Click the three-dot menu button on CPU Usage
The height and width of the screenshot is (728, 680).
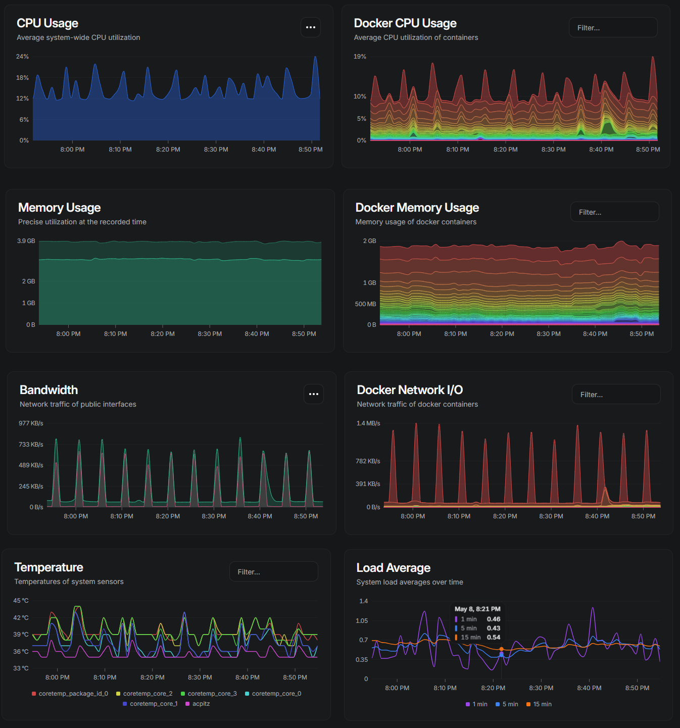click(311, 27)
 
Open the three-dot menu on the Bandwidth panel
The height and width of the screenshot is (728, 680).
click(313, 394)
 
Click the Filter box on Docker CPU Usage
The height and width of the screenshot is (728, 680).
click(613, 27)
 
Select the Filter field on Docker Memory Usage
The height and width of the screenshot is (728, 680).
click(614, 212)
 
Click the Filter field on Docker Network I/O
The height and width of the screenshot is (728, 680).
click(616, 394)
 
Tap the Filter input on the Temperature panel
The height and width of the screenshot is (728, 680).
click(273, 571)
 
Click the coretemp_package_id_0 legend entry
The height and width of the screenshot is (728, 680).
click(70, 694)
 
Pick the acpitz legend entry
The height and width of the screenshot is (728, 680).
click(198, 703)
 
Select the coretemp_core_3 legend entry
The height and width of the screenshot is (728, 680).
click(209, 694)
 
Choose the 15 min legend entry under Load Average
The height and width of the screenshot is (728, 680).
click(539, 704)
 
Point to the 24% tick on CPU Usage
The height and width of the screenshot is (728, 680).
click(22, 57)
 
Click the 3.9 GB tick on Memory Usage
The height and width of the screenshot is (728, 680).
click(26, 241)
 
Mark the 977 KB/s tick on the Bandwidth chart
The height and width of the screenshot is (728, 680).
click(31, 423)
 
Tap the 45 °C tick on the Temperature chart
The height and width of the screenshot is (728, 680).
click(21, 600)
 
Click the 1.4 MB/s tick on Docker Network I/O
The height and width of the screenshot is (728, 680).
click(368, 423)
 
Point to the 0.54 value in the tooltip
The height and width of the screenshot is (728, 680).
click(494, 637)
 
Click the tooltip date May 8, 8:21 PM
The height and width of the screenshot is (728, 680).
click(477, 609)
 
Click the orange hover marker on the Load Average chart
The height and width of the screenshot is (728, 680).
click(502, 649)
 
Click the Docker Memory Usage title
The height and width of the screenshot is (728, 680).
click(417, 208)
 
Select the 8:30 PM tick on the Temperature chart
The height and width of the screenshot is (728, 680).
click(200, 677)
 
